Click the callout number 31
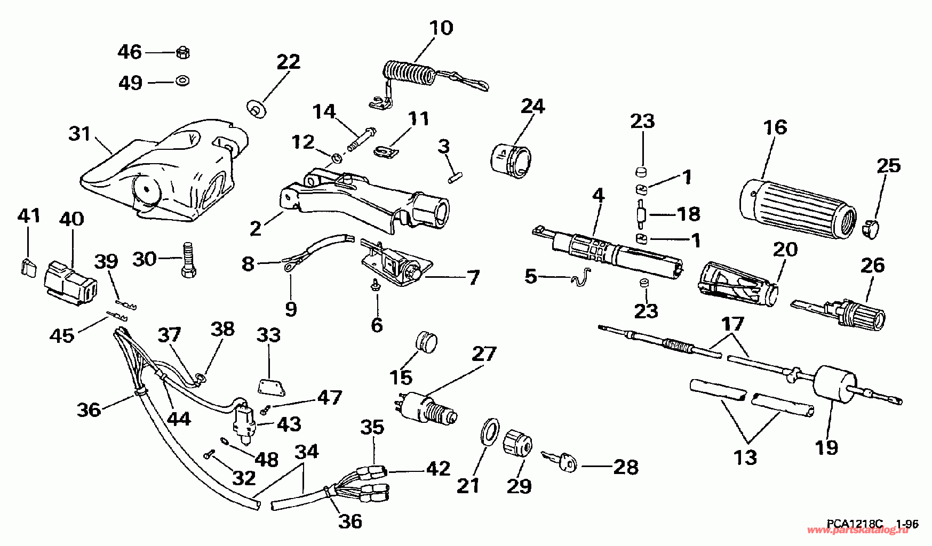tap(80, 133)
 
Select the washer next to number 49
tap(184, 82)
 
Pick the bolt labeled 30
tap(190, 260)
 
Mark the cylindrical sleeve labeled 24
tap(511, 158)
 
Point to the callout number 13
tap(745, 457)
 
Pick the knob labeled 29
tap(517, 441)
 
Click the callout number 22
tap(288, 62)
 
